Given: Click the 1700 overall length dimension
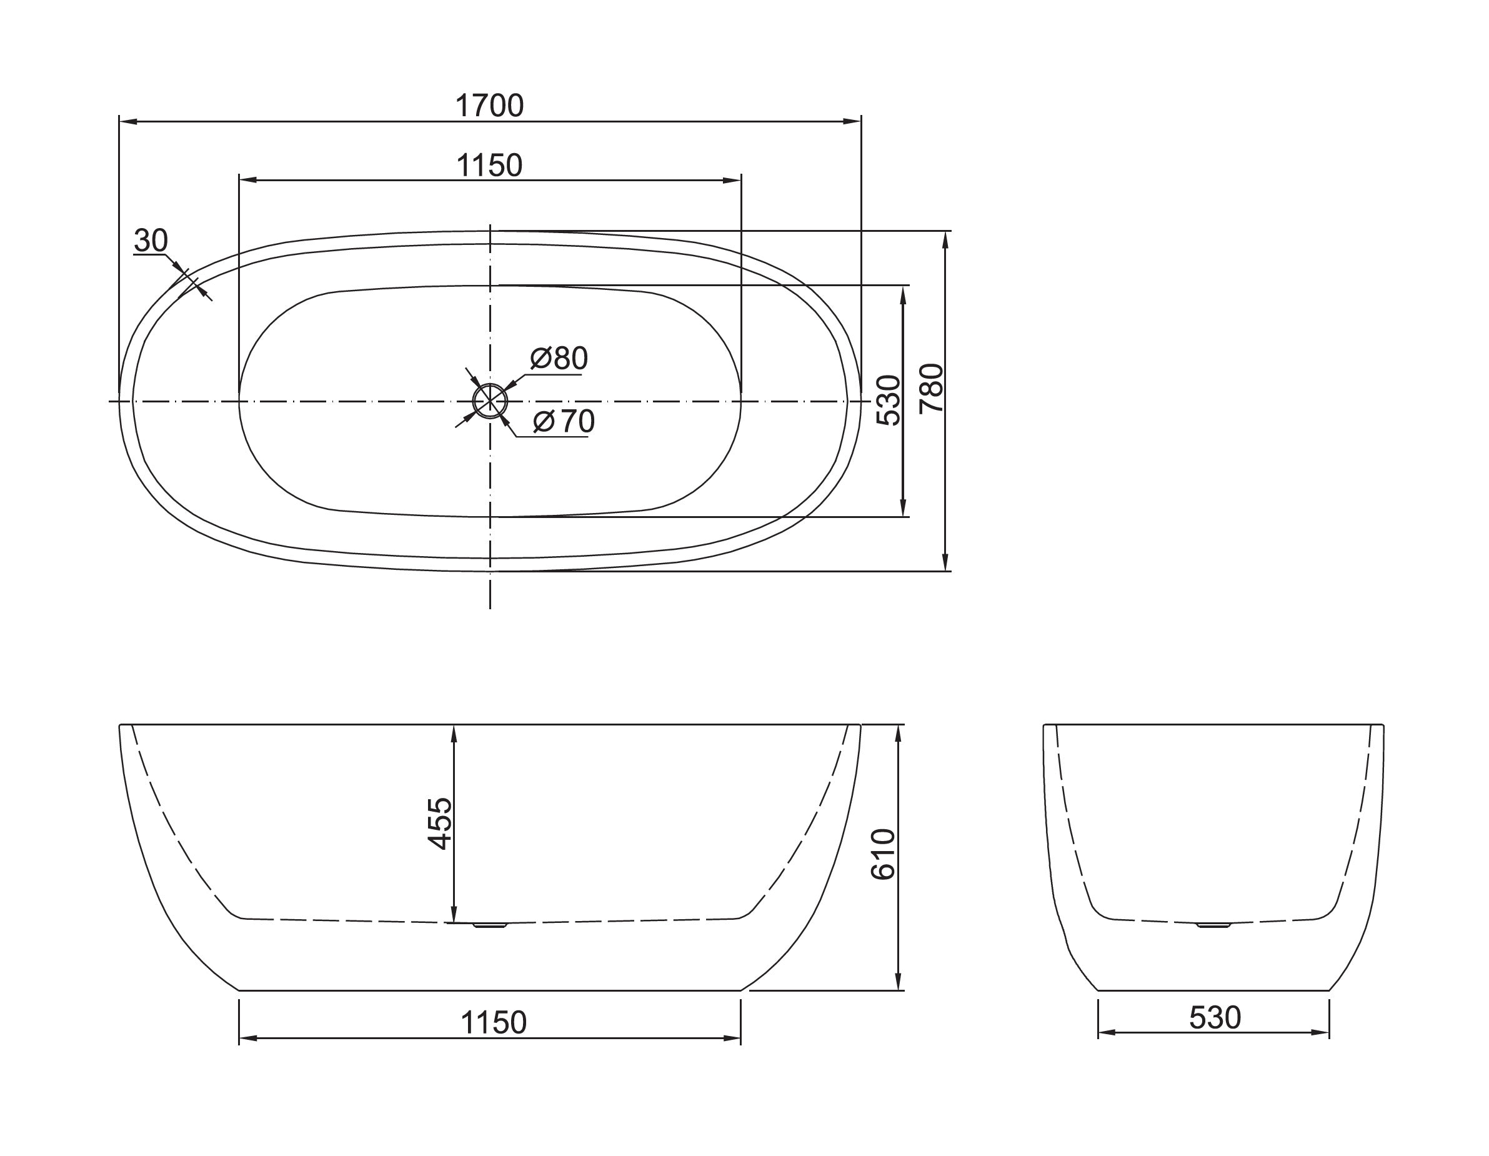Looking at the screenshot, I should click(x=489, y=106).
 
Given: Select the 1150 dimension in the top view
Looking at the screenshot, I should click(x=489, y=166).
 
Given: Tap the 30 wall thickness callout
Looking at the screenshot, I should click(x=151, y=241).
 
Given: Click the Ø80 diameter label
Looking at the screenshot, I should click(x=559, y=359).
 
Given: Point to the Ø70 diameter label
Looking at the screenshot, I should click(x=564, y=422).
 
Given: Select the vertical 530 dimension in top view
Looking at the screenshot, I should click(x=889, y=400).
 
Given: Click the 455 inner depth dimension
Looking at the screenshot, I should click(x=440, y=824).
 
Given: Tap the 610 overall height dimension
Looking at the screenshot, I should click(x=883, y=855).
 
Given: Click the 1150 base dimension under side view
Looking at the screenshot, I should click(x=494, y=1023).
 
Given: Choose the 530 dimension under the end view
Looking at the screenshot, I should click(x=1215, y=1019).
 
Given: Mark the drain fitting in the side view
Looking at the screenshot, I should click(x=491, y=925).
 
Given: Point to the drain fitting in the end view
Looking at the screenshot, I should click(x=1214, y=925).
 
